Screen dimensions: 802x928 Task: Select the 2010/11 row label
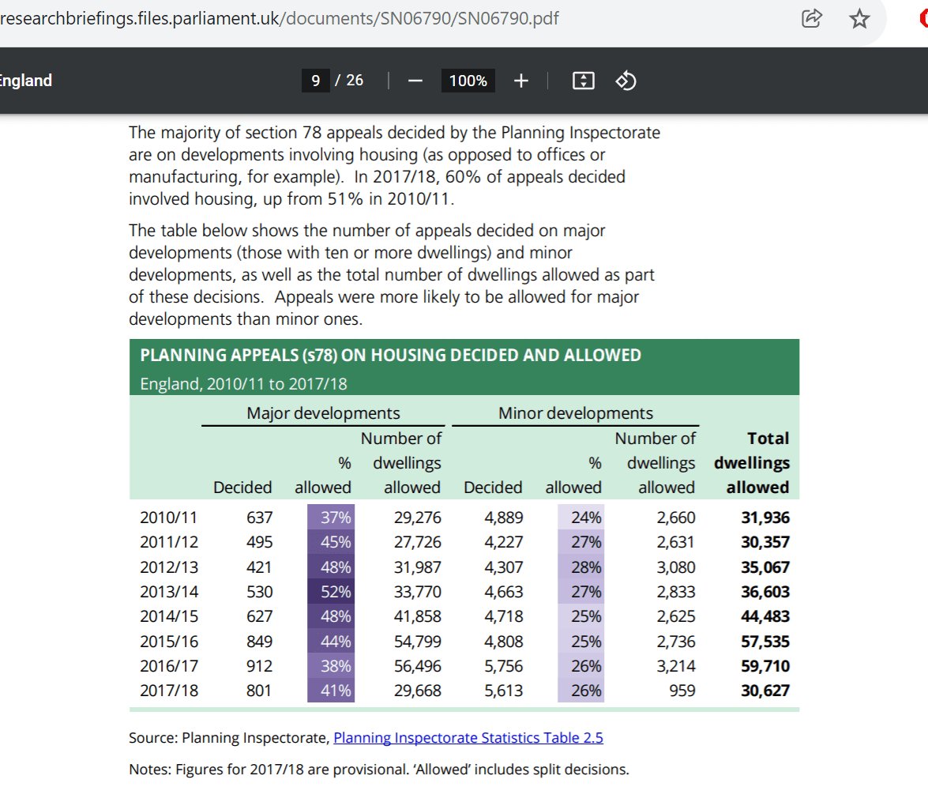pyautogui.click(x=168, y=518)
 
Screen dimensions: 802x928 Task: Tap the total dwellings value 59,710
pyautogui.click(x=765, y=666)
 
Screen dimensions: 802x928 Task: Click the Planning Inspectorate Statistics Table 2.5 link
pyautogui.click(x=468, y=738)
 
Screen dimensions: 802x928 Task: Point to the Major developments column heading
pyautogui.click(x=323, y=413)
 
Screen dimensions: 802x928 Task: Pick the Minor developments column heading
pyautogui.click(x=575, y=413)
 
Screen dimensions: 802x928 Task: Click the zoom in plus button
pyautogui.click(x=520, y=81)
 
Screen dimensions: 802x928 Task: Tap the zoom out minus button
pyautogui.click(x=415, y=81)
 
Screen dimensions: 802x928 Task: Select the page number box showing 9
pyautogui.click(x=315, y=81)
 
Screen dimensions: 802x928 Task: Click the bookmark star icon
pyautogui.click(x=858, y=19)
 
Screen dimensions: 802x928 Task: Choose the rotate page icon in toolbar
pyautogui.click(x=626, y=81)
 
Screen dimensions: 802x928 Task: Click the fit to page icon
pyautogui.click(x=581, y=81)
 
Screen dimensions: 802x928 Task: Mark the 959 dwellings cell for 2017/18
pyautogui.click(x=682, y=691)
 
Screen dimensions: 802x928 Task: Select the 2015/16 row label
pyautogui.click(x=168, y=642)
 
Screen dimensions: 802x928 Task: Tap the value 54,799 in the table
pyautogui.click(x=417, y=642)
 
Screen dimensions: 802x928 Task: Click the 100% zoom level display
pyautogui.click(x=468, y=81)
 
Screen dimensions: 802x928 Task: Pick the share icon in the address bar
pyautogui.click(x=812, y=19)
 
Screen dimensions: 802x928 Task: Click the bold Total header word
pyautogui.click(x=768, y=438)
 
